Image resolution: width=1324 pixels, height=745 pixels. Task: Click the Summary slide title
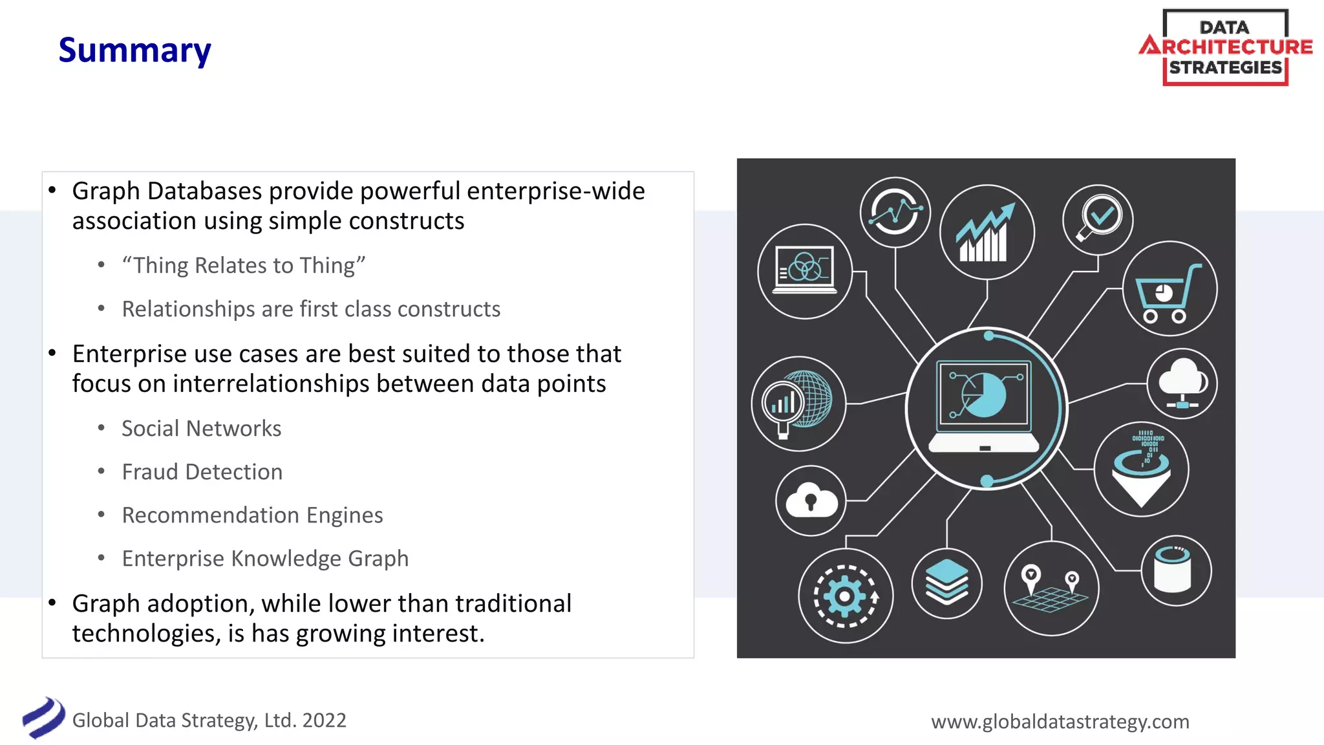[x=134, y=50]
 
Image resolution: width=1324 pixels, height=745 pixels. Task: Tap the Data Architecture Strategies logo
[x=1226, y=47]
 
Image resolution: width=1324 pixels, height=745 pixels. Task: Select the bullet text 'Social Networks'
[x=201, y=428]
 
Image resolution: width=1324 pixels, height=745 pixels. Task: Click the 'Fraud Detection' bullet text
[x=202, y=471]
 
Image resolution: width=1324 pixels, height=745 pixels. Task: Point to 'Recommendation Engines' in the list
[x=252, y=515]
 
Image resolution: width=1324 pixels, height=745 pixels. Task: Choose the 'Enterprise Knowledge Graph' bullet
[x=265, y=558]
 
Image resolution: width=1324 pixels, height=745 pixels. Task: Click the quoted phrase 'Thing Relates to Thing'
[x=244, y=265]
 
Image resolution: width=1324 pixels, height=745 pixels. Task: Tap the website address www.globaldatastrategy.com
[x=1060, y=721]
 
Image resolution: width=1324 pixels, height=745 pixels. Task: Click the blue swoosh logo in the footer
[x=43, y=718]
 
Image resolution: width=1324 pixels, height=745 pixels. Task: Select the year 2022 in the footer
[x=324, y=720]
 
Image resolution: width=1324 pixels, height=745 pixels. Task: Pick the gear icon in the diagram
[x=845, y=596]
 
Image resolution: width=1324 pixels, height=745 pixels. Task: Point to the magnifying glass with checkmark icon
[x=1098, y=219]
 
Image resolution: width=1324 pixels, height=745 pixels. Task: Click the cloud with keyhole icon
[x=811, y=501]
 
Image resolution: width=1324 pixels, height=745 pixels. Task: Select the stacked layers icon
[x=947, y=583]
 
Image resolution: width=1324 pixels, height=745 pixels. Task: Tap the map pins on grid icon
[x=1051, y=588]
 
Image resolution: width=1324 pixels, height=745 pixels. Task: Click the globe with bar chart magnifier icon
[x=798, y=404]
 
